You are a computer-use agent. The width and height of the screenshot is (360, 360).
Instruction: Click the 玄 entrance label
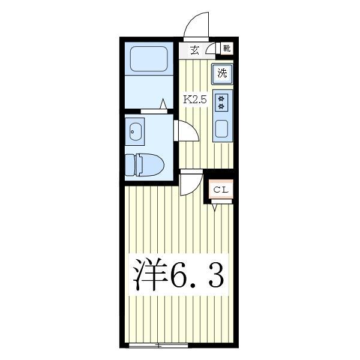pos(194,50)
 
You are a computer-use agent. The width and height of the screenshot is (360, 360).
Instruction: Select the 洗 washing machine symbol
pos(223,74)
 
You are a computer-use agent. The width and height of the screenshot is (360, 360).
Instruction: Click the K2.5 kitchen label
pos(194,100)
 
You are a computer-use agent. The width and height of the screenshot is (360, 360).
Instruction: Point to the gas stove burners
pos(222,102)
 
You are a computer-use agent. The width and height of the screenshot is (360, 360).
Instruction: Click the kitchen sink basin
pos(222,128)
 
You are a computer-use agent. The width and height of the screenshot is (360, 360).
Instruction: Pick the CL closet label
pos(221,190)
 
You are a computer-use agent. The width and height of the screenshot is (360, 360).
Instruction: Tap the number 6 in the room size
pos(179,276)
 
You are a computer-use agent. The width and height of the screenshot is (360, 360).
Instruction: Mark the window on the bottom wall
pos(158,345)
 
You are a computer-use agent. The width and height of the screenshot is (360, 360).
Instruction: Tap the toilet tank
pos(130,164)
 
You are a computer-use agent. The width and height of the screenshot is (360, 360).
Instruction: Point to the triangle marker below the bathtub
pos(163,104)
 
